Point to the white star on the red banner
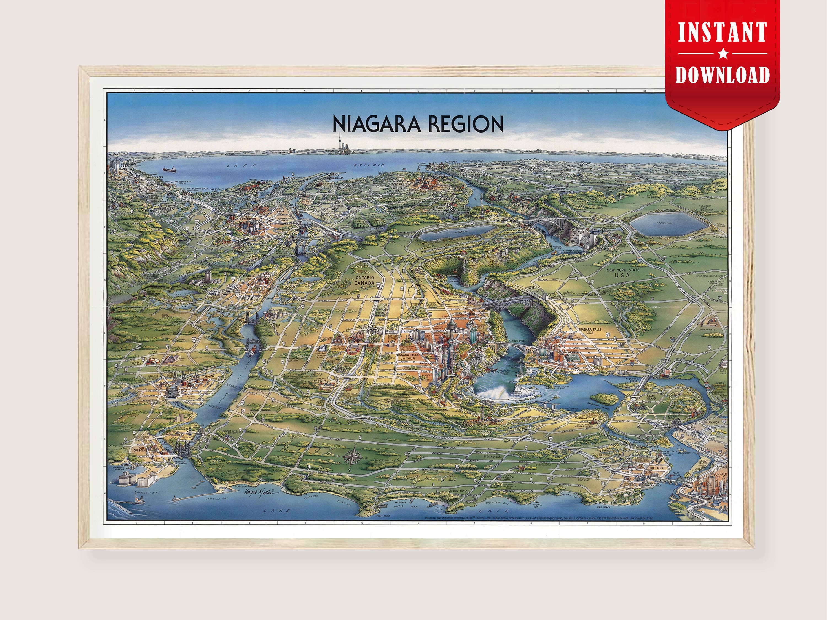[x=723, y=54]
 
